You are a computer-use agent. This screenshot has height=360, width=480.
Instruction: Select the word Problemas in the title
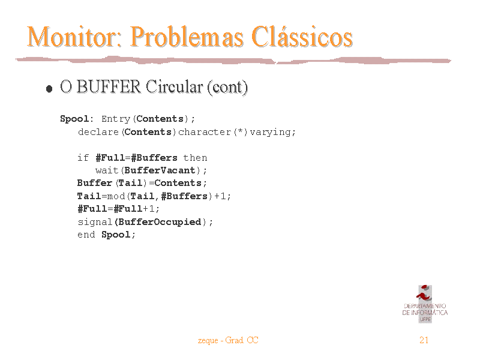(x=187, y=37)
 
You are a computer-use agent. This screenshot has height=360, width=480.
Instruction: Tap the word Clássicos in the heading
(x=302, y=37)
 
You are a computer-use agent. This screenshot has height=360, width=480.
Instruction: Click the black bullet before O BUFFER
(x=49, y=89)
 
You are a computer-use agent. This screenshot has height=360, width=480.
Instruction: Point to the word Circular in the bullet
(x=174, y=86)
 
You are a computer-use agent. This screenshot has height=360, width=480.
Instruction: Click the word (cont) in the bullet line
(x=227, y=87)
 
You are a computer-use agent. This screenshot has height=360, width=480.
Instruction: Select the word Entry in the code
(x=116, y=119)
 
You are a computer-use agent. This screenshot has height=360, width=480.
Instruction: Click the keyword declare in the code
(x=98, y=132)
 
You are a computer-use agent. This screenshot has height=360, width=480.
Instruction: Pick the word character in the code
(x=205, y=132)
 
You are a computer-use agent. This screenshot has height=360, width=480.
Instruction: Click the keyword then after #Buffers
(x=196, y=158)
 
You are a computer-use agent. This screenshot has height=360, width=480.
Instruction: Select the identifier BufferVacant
(x=160, y=170)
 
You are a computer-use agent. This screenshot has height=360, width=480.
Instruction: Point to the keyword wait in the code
(x=107, y=170)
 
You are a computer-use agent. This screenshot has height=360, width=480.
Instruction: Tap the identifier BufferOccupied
(x=160, y=221)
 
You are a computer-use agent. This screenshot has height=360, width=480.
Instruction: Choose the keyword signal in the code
(x=95, y=222)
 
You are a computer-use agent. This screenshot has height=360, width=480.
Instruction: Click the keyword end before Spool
(x=86, y=235)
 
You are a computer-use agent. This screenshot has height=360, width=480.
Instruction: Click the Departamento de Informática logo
(x=425, y=304)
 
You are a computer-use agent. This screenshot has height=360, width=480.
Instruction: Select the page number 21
(x=424, y=340)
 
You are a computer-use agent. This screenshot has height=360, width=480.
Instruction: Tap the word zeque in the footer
(x=208, y=341)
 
